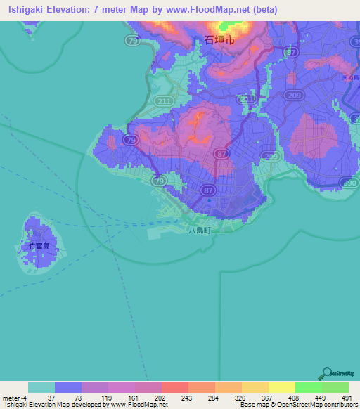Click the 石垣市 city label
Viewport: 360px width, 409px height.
click(x=219, y=41)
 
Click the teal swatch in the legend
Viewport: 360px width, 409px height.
click(x=41, y=387)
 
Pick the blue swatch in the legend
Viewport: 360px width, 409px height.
click(x=68, y=387)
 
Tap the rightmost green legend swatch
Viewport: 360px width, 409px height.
click(x=335, y=387)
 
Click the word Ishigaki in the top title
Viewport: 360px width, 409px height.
click(x=25, y=9)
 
